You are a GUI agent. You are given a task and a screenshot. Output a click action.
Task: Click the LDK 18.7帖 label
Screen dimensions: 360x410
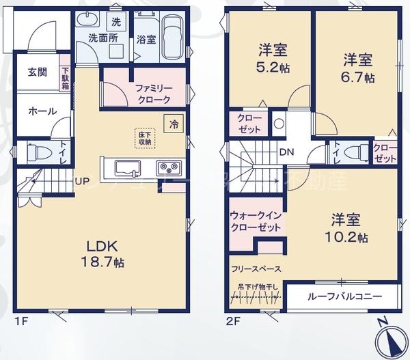[104, 253]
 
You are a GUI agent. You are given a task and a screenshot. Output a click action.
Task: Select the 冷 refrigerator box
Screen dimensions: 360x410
[174, 124]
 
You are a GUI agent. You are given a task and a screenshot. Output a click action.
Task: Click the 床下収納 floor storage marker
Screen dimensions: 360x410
[145, 139]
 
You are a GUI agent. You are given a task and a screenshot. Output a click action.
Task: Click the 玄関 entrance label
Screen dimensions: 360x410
[38, 72]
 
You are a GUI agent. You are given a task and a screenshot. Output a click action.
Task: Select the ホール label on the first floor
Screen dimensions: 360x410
[42, 111]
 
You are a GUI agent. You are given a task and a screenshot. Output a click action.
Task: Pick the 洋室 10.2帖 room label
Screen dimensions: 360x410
[350, 229]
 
